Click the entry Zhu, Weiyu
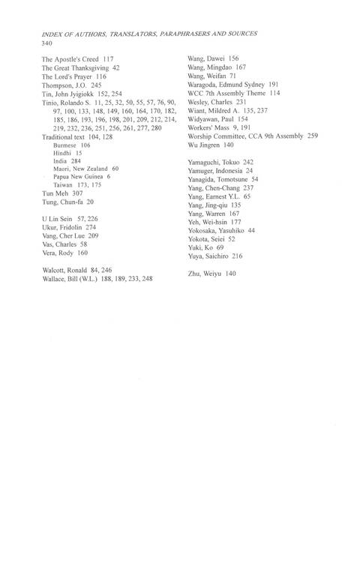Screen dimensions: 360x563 point(205,274)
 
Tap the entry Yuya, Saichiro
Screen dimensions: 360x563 point(211,256)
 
